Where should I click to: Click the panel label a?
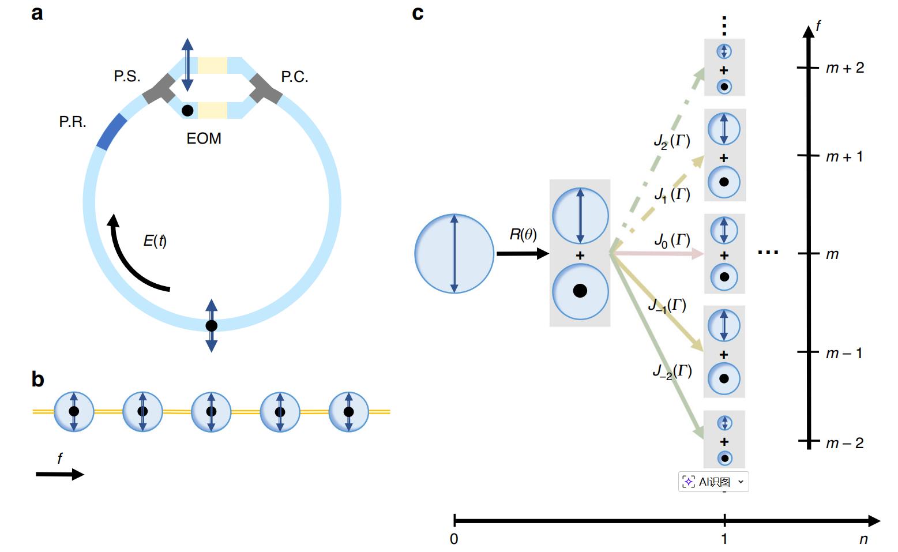37,13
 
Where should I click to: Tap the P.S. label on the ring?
127,76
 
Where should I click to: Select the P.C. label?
294,77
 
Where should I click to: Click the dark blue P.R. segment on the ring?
111,132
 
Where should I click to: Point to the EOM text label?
204,138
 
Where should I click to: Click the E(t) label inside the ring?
155,241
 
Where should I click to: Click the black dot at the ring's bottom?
212,326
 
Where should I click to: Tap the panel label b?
37,380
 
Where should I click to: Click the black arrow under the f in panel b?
60,475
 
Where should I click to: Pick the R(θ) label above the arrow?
523,235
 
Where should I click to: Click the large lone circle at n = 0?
454,253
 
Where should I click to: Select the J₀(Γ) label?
672,240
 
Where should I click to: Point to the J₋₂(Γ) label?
672,371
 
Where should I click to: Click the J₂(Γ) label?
672,141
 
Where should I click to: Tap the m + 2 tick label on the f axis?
845,68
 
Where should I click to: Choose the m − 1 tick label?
844,353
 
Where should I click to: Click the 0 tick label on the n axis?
454,539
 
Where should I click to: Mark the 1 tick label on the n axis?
724,539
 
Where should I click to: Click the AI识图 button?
713,482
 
